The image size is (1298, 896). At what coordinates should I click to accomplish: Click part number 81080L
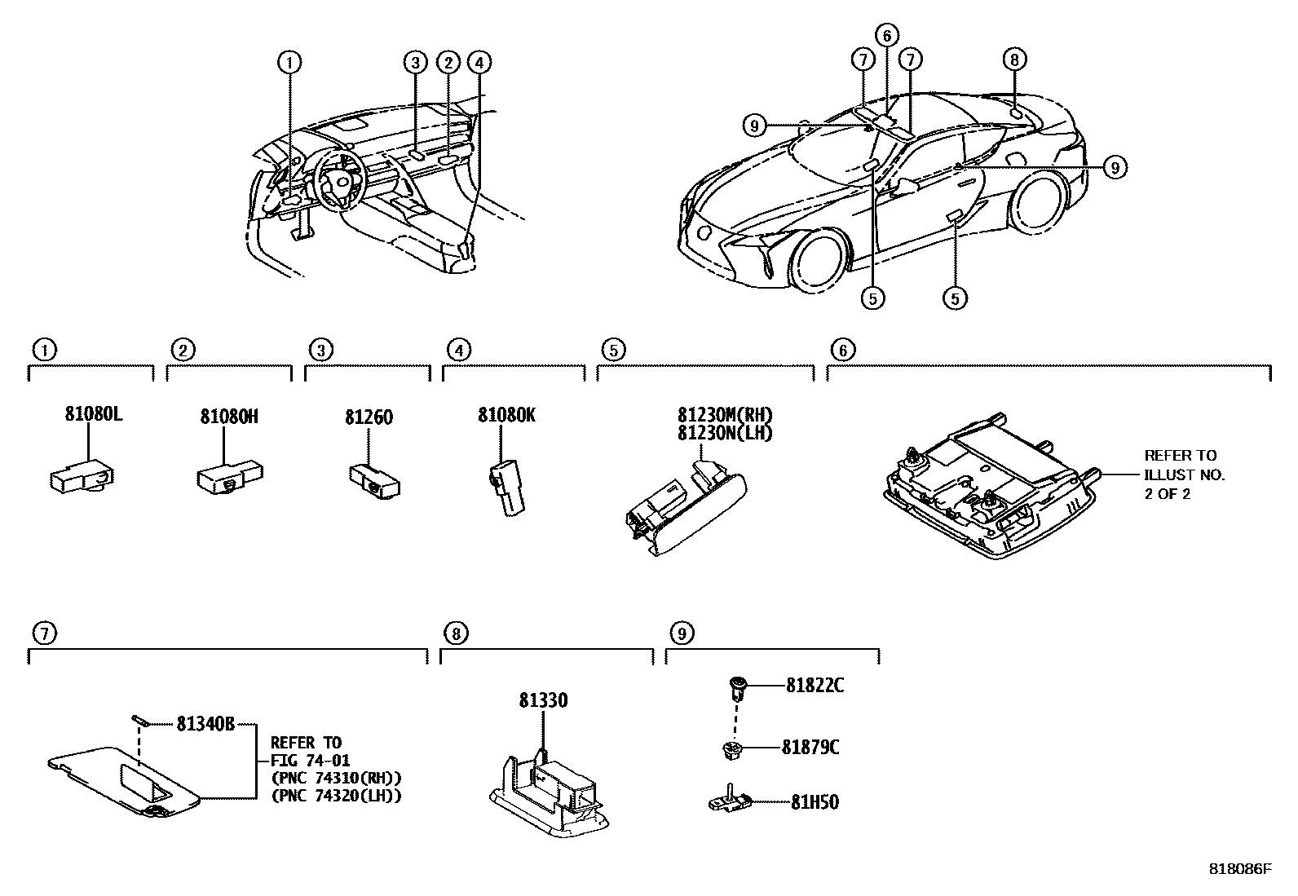tap(93, 415)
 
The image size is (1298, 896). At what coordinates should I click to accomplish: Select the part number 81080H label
tap(229, 417)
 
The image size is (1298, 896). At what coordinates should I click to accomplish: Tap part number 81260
tap(369, 417)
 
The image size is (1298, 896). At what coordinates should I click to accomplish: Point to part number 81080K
tap(506, 416)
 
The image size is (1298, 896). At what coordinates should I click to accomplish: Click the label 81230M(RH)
tap(724, 415)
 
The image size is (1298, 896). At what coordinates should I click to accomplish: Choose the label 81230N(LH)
tap(724, 433)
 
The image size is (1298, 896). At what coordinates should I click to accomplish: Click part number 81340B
tap(205, 723)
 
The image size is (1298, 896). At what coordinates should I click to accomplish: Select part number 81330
tap(543, 700)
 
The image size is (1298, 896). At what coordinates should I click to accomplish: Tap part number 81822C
tap(815, 686)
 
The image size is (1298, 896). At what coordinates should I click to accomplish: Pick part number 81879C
tap(810, 748)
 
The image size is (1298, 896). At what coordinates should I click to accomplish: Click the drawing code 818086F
tap(1239, 869)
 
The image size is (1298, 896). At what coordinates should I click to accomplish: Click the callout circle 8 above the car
tap(1013, 60)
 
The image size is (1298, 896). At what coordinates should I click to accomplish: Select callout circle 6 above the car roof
tap(887, 35)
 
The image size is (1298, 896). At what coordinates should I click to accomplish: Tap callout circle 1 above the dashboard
tap(289, 61)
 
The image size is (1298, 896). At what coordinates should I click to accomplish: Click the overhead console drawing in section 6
tap(987, 489)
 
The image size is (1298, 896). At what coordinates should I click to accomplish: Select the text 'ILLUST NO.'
tap(1184, 474)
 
